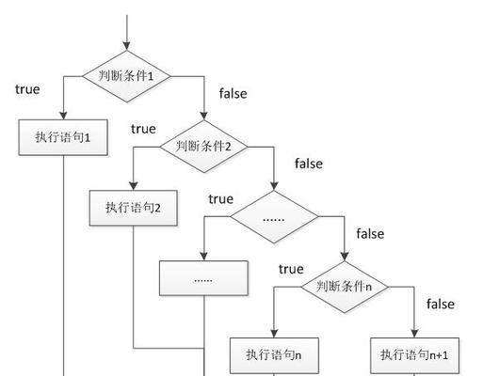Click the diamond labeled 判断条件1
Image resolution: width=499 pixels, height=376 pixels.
(x=127, y=76)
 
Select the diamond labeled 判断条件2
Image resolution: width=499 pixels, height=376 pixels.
(x=203, y=147)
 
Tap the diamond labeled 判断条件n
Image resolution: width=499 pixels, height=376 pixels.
(x=345, y=287)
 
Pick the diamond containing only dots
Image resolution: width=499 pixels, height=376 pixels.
(x=274, y=217)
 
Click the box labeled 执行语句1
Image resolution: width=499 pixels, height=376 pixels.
(x=63, y=137)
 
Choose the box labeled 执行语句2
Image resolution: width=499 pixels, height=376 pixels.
(x=134, y=208)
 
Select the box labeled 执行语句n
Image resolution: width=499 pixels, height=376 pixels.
(x=274, y=355)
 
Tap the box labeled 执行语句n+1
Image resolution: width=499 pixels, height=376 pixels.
(x=414, y=355)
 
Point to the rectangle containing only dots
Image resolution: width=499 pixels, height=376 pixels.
(x=203, y=278)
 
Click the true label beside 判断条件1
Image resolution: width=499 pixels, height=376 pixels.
(x=27, y=89)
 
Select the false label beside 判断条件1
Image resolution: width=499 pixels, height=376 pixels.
(x=233, y=93)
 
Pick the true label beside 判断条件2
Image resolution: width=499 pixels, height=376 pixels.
(x=143, y=129)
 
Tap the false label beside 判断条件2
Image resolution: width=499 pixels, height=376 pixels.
(x=309, y=164)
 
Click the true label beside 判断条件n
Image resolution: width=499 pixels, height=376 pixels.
(x=291, y=269)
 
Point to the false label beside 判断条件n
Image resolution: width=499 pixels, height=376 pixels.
(x=441, y=304)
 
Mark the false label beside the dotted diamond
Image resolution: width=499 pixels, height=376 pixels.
(x=370, y=234)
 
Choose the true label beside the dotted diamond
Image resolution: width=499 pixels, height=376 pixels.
(x=221, y=199)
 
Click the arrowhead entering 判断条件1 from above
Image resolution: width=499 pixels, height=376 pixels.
(x=127, y=46)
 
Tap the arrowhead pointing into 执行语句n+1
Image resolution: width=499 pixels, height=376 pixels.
(x=414, y=333)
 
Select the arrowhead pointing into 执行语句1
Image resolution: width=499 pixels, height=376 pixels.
(x=63, y=115)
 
